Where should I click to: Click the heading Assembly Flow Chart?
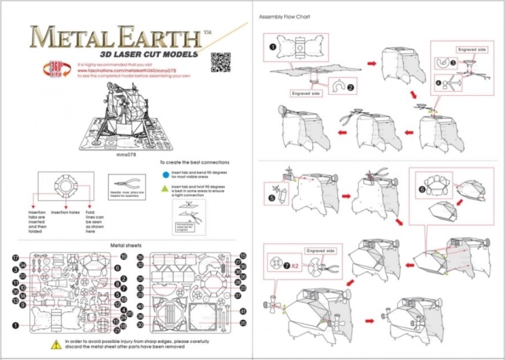(286, 16)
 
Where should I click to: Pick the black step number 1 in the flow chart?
(273, 46)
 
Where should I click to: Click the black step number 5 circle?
(272, 197)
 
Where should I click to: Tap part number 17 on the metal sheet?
(15, 256)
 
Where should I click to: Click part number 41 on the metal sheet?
(242, 311)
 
